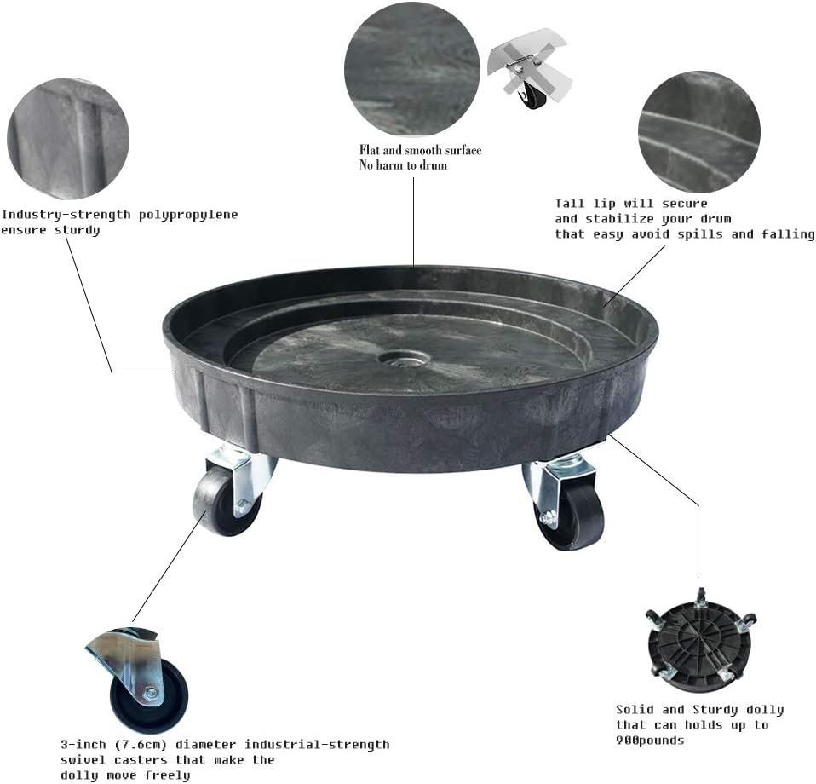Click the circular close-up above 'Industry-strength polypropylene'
point(68,138)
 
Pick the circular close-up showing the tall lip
point(698,131)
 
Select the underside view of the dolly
point(699,635)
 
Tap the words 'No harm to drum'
point(403,165)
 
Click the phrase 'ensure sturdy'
point(51,230)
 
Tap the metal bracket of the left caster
point(241,471)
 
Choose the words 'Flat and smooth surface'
point(420,150)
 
